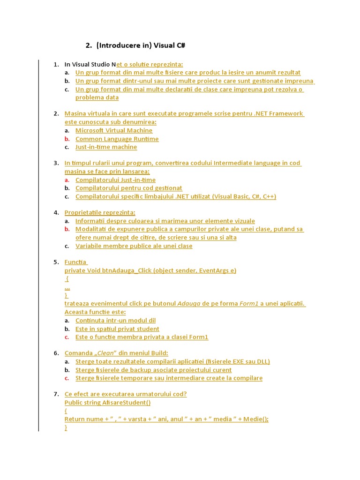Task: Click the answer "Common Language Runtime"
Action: pos(117,139)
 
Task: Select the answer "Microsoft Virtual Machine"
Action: pos(114,130)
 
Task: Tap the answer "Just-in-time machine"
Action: pos(106,147)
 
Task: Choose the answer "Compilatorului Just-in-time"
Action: pos(115,180)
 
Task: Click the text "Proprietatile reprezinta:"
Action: pos(100,212)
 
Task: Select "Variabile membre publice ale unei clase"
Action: pos(134,246)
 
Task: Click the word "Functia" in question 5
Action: pos(76,262)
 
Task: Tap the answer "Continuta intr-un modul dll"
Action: pos(115,320)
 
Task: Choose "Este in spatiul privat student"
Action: pos(117,329)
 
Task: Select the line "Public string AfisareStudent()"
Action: pos(107,402)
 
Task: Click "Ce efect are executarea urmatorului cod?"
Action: pos(126,394)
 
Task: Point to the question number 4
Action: pos(56,212)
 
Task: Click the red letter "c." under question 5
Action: pos(67,337)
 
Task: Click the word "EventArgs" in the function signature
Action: pos(208,270)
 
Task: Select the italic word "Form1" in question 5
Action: pos(249,303)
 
